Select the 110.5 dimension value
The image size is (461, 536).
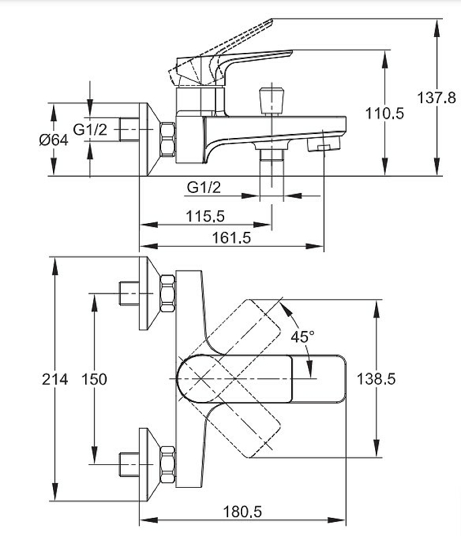(x=385, y=114)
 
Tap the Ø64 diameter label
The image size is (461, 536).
(x=54, y=140)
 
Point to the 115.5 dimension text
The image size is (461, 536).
(x=206, y=216)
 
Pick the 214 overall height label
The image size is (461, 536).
(x=55, y=379)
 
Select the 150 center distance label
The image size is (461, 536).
(x=94, y=379)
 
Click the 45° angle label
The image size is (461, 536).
(x=302, y=336)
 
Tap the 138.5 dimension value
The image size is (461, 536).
(x=376, y=379)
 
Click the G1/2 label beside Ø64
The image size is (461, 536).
(x=90, y=130)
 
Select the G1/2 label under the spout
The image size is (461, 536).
(x=203, y=188)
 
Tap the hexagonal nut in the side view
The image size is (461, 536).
(x=167, y=139)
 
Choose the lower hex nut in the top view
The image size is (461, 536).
(x=168, y=464)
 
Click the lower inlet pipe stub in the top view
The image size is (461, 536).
(x=128, y=464)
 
